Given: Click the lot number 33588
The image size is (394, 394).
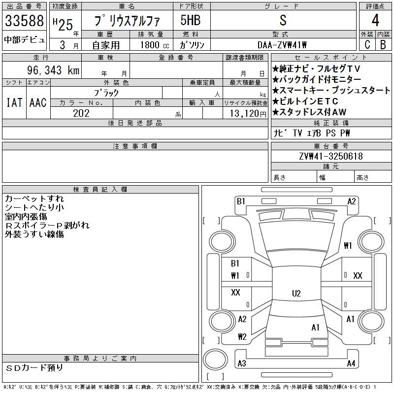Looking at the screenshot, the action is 24,21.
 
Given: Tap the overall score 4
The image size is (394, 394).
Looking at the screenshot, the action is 375,20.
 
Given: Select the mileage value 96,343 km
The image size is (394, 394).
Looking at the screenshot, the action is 53,70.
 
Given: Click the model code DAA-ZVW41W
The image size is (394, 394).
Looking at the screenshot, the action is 282,45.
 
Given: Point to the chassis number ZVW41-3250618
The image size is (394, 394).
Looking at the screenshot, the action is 331,156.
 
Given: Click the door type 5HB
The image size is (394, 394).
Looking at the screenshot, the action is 191,20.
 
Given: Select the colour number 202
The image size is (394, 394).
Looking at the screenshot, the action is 81,113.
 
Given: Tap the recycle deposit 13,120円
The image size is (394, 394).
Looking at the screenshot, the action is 248,114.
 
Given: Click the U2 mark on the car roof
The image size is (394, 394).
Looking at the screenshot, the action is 296,293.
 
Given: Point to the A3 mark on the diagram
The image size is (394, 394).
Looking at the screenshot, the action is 242,363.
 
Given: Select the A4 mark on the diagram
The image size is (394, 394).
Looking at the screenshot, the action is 351,363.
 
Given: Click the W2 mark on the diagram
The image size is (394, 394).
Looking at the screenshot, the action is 242,336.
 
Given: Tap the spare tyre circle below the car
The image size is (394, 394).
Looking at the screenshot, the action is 215,360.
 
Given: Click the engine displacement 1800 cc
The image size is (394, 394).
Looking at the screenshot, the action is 155,45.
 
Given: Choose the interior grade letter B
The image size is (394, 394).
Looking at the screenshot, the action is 383,45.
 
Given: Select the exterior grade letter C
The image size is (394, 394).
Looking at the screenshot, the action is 367,45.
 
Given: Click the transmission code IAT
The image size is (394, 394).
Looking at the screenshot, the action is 14,102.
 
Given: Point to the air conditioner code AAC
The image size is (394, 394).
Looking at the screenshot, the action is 38,102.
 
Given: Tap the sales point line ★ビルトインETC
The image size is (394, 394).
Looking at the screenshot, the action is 305,101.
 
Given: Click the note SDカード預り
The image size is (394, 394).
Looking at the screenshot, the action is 34,368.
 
